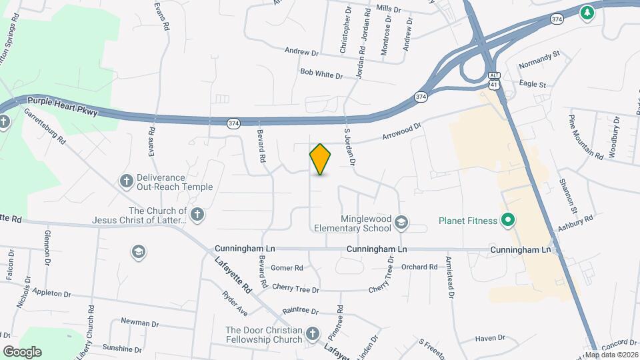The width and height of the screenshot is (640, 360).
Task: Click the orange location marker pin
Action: pos(320,159)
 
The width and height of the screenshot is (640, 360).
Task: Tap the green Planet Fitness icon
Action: pos(507,221)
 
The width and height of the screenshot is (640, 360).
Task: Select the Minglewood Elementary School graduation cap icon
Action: pos(401,222)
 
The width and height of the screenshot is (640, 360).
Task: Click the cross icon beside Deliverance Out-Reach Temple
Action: pos(125,181)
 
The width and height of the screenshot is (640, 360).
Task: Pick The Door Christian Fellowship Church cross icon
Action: pos(314,334)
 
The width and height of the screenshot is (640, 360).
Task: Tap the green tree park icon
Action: pos(587,13)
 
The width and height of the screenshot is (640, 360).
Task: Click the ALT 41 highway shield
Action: pos(493,80)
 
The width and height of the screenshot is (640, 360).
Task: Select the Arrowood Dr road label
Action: pos(402,131)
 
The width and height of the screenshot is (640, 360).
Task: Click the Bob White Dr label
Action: pos(321,73)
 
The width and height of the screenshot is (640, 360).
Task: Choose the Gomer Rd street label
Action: pos(287,268)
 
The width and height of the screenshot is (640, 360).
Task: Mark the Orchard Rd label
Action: pos(419,267)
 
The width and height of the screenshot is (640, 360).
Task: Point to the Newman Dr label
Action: pos(140,323)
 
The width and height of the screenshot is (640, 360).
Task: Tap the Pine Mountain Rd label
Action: pos(586,137)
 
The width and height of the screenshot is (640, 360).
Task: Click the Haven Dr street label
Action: pos(490,339)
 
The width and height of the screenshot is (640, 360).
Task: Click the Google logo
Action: pos(22,351)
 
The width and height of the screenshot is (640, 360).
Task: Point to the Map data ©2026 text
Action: pos(611,354)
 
